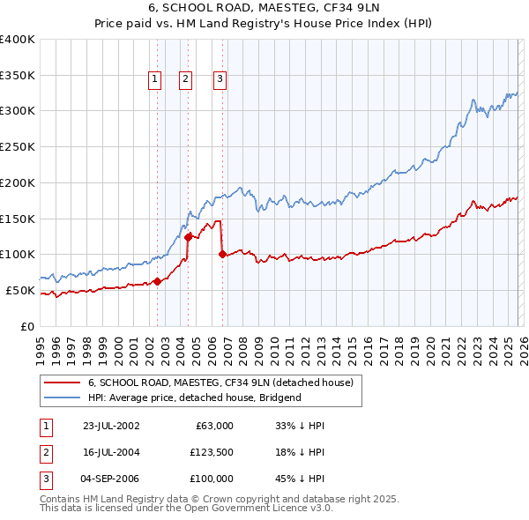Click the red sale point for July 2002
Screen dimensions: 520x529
157,281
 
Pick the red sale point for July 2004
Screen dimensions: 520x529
188,236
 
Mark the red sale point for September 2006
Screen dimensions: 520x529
221,254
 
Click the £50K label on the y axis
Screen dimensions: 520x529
20,290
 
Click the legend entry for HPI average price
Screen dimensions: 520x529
195,397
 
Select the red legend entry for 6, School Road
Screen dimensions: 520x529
220,383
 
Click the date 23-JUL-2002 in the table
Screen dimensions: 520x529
110,426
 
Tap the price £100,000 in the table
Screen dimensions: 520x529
212,479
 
